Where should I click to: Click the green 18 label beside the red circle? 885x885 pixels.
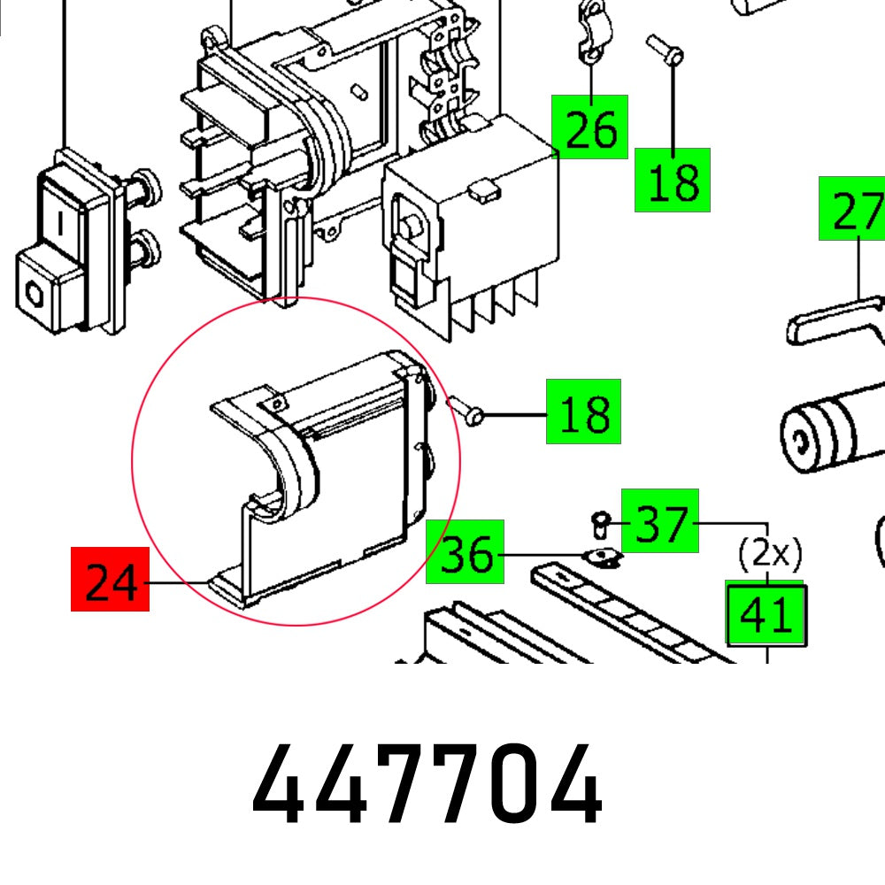coord(583,412)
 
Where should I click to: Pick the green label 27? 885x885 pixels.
coord(852,209)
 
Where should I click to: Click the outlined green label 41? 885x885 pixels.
coord(766,613)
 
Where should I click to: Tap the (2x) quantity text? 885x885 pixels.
coord(770,555)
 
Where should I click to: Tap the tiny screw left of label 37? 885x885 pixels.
coord(599,525)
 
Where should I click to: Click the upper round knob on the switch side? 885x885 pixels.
coord(145,188)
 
